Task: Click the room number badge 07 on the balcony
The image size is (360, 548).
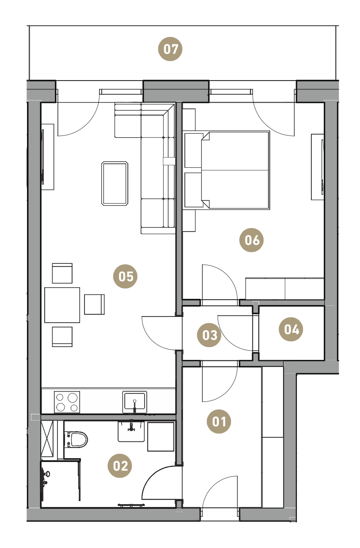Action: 170,49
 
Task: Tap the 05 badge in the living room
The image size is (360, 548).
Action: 125,277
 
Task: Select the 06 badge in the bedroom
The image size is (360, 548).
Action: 252,240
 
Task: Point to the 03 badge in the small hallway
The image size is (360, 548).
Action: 209,335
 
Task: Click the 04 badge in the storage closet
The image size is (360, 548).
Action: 291,329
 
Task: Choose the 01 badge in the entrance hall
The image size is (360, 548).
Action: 219,421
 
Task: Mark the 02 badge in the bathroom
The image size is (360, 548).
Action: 120,466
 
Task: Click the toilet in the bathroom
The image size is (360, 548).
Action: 76,440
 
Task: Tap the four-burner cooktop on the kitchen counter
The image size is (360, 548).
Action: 67,402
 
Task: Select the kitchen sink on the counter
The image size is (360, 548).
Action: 134,401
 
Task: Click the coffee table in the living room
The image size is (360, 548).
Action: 115,184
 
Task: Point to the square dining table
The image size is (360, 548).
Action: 62,305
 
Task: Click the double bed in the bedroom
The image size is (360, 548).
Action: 227,170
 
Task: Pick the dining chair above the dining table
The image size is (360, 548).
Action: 62,273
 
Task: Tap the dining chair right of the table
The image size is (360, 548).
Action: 94,305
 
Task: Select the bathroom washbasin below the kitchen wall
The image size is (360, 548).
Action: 131,431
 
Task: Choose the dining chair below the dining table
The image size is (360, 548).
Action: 62,336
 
